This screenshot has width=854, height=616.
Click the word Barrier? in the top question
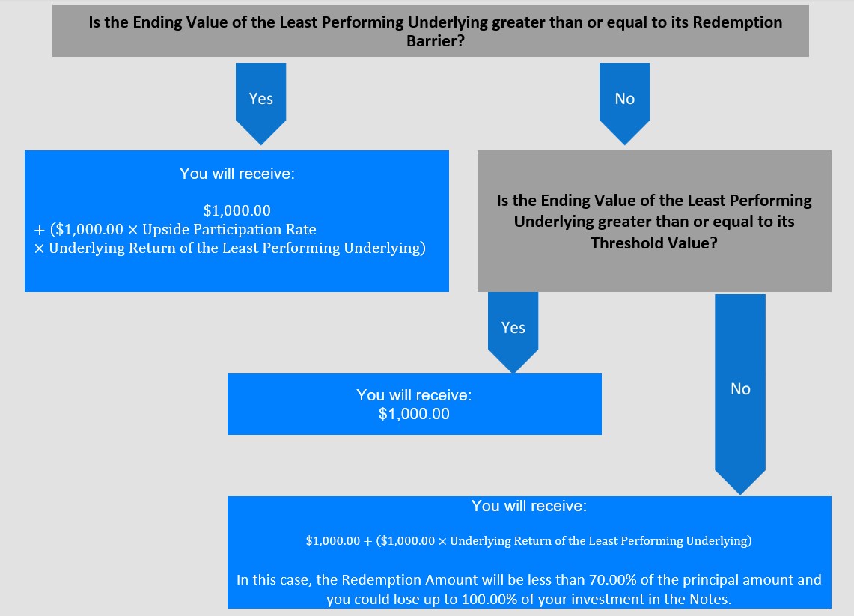[435, 41]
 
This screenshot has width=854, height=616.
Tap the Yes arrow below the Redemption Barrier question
[261, 103]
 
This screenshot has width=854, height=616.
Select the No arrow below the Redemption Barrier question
[625, 103]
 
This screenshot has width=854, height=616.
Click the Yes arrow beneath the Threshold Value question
[513, 332]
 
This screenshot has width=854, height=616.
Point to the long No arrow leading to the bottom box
[740, 394]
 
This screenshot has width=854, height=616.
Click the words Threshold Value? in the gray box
[654, 243]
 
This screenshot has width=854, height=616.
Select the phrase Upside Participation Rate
[229, 229]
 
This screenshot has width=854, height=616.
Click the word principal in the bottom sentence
[710, 581]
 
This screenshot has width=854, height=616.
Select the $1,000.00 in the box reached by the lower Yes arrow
[414, 414]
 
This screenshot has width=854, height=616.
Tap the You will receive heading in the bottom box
[529, 506]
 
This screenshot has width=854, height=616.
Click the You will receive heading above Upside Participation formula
[237, 173]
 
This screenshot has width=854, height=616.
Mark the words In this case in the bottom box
[274, 580]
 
